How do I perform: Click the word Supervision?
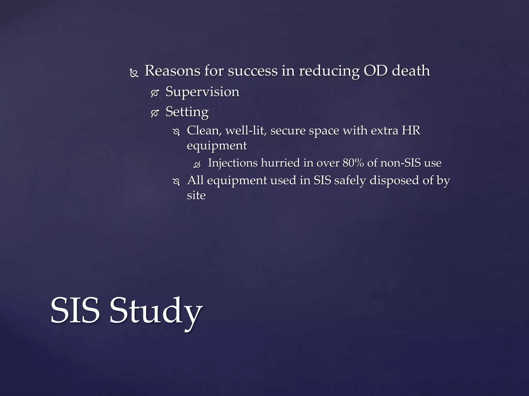(202, 92)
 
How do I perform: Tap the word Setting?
(187, 112)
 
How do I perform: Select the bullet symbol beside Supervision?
(154, 93)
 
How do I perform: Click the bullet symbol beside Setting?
(154, 113)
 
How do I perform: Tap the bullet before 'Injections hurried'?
(197, 164)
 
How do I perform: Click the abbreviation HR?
(411, 130)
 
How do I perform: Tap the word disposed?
(394, 180)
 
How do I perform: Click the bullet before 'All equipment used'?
(176, 182)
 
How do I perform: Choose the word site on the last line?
(196, 195)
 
